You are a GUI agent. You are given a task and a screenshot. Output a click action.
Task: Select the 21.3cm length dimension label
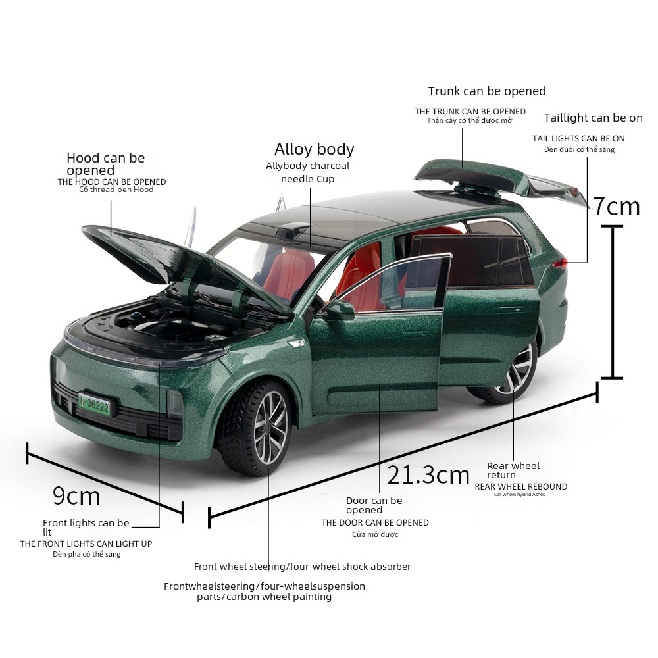click(428, 474)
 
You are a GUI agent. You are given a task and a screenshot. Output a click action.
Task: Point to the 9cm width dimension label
click(76, 495)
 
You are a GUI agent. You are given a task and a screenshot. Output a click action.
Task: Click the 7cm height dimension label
click(617, 207)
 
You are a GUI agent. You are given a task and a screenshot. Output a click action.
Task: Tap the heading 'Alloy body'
click(314, 149)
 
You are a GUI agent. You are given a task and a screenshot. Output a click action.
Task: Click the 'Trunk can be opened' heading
click(487, 91)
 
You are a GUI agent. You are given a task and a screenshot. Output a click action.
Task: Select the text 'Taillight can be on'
click(593, 118)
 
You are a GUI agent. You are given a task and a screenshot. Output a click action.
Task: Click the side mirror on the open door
click(338, 310)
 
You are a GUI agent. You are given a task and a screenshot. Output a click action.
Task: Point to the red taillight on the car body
click(560, 264)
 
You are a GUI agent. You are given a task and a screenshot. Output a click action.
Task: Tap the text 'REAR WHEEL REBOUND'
click(520, 487)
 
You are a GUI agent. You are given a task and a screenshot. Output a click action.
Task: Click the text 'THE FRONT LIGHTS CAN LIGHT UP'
click(86, 544)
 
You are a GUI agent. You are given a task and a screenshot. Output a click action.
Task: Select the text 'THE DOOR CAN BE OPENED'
click(374, 522)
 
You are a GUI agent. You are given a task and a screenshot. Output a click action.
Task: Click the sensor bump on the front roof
click(293, 230)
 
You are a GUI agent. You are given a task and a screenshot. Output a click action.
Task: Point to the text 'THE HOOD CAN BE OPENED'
click(111, 182)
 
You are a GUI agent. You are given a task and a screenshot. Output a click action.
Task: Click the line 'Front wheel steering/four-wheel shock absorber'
click(302, 567)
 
